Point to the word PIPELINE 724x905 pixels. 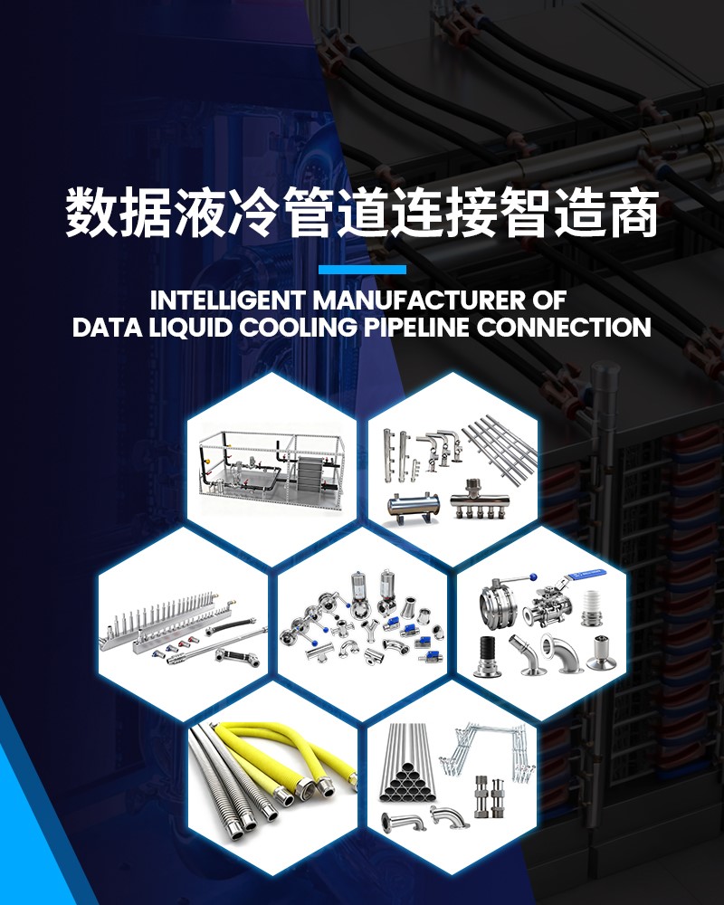pos(417,328)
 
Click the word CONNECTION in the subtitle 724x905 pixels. pos(563,328)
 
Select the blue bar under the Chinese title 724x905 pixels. pos(362,269)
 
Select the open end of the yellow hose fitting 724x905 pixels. pos(323,797)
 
